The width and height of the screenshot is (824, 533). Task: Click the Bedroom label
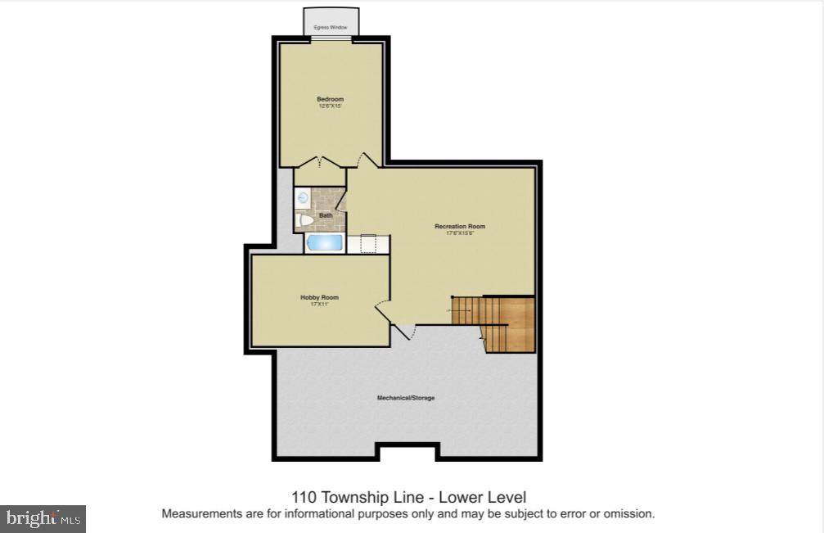pyautogui.click(x=330, y=99)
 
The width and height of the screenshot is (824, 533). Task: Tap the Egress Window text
pyautogui.click(x=331, y=28)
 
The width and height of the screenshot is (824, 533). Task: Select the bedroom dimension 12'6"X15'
pyautogui.click(x=330, y=106)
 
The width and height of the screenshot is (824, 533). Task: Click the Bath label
pyautogui.click(x=326, y=215)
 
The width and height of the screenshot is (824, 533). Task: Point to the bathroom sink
pyautogui.click(x=302, y=197)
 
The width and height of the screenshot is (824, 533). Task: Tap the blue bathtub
pyautogui.click(x=325, y=243)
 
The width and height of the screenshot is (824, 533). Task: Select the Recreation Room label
pyautogui.click(x=459, y=226)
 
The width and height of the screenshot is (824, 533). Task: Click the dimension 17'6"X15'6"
pyautogui.click(x=459, y=233)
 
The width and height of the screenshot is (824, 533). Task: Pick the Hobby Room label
pyautogui.click(x=319, y=297)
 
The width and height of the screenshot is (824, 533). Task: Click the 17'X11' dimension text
pyautogui.click(x=319, y=305)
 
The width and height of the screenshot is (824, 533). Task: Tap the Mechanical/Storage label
pyautogui.click(x=405, y=398)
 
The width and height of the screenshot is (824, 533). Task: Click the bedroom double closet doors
pyautogui.click(x=320, y=162)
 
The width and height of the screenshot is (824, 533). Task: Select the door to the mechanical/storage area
pyautogui.click(x=405, y=331)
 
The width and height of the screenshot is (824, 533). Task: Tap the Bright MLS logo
pyautogui.click(x=43, y=518)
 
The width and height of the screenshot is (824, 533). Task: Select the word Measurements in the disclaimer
pyautogui.click(x=198, y=514)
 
